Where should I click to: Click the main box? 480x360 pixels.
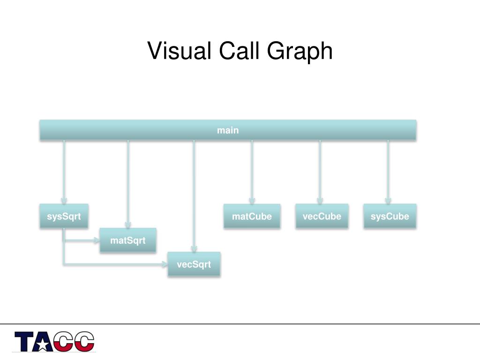(x=228, y=130)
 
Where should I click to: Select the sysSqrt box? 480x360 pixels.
(x=64, y=216)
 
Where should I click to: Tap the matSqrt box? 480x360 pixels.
(x=128, y=240)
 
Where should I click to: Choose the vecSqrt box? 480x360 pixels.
(x=194, y=264)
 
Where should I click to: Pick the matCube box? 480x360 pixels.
(x=252, y=216)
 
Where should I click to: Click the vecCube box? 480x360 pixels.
(x=322, y=216)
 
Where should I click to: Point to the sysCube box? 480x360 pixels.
(x=390, y=216)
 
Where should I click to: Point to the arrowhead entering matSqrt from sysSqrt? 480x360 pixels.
(x=97, y=240)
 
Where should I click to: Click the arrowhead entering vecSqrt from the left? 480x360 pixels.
(x=165, y=264)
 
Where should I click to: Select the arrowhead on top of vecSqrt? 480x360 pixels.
(x=194, y=249)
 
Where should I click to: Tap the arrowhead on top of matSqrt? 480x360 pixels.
(x=128, y=225)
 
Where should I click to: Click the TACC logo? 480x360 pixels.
(x=54, y=342)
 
